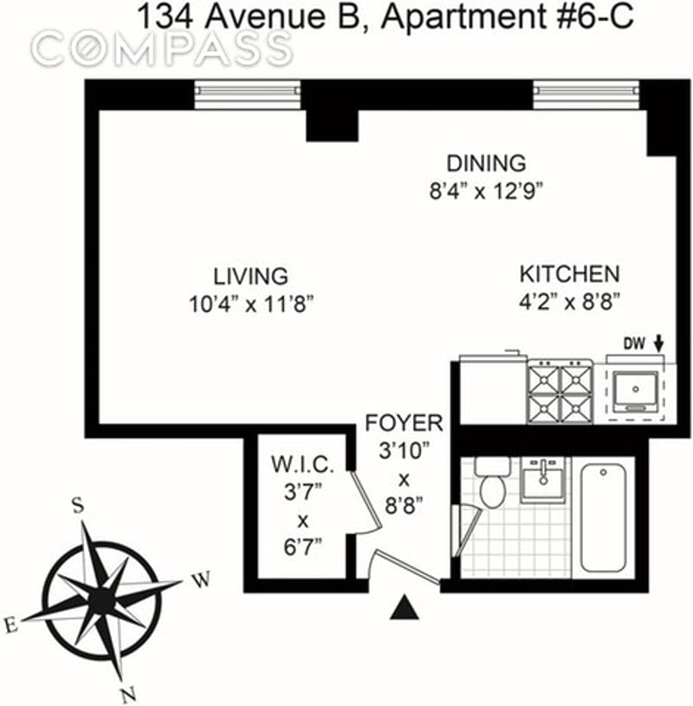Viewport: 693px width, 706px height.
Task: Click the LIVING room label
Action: (250, 276)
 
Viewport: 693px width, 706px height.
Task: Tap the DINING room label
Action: (486, 163)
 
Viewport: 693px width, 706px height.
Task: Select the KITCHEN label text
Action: (570, 274)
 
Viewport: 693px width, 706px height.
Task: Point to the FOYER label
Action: (404, 423)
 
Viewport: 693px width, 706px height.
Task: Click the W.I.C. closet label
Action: (302, 464)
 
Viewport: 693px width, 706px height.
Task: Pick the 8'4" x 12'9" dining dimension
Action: (486, 191)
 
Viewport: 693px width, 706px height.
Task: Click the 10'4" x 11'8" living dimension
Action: (251, 304)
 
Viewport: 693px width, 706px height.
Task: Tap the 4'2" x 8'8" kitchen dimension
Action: (570, 302)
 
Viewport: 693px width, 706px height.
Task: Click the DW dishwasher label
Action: (634, 344)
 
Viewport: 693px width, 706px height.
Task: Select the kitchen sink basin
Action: (635, 390)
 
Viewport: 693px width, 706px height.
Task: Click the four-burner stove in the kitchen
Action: (560, 392)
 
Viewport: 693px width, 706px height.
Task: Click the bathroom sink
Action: (543, 480)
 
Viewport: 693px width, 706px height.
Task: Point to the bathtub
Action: (603, 518)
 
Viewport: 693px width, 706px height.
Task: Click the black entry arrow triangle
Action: (404, 607)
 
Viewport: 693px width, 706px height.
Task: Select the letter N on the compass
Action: (128, 695)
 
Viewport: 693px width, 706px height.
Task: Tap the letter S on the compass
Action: (78, 505)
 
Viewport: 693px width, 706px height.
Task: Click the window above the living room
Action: (247, 94)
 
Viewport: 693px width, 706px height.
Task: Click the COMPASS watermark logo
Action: (162, 48)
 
